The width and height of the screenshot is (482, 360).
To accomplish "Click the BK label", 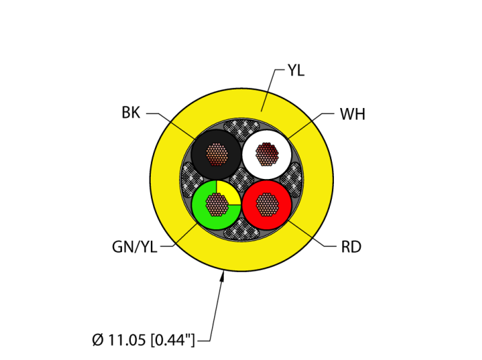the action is click(131, 113).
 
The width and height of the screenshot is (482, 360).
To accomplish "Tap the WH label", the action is click(353, 114).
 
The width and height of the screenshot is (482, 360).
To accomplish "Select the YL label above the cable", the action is click(296, 71).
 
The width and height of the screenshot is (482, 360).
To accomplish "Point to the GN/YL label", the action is click(135, 247).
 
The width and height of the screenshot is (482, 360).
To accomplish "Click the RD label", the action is click(351, 247).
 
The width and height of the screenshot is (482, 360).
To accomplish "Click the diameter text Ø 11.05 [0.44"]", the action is click(143, 340).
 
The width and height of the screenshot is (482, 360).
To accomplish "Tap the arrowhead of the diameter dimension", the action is click(222, 277).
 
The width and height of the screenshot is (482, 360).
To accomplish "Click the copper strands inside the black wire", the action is click(217, 154).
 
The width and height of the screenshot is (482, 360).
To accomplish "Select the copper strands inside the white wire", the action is click(267, 154).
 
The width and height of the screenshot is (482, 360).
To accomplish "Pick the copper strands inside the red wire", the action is click(267, 204).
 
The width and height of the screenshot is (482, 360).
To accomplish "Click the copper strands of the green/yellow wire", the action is click(217, 204).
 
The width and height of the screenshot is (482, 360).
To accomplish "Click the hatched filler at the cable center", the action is click(242, 180).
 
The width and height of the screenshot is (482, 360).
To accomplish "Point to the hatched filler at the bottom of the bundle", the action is click(242, 229).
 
